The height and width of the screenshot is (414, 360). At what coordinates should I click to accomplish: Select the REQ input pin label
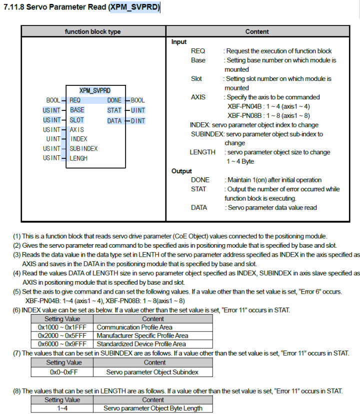75,100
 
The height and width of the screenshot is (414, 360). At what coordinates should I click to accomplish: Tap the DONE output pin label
114,100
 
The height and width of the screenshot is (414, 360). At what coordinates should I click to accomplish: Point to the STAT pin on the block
114,110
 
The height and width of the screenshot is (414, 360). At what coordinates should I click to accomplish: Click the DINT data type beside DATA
138,120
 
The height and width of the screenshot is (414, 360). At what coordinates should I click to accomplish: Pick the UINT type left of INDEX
53,139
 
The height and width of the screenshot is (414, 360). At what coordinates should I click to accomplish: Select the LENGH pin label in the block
79,158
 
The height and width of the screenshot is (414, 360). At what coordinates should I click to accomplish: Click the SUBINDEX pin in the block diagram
84,148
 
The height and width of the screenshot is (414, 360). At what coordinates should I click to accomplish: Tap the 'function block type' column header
93,31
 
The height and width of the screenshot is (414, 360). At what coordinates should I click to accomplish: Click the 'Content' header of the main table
257,31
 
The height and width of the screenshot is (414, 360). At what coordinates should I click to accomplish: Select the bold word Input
179,42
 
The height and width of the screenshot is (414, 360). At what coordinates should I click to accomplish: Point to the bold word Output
181,171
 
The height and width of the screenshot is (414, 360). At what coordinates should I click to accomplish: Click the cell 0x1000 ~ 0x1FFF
62,327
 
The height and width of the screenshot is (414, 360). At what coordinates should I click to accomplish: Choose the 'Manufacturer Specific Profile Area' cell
142,336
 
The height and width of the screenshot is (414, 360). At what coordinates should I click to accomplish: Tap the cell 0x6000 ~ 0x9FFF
62,344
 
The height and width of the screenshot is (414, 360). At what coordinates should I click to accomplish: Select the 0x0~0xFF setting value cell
63,372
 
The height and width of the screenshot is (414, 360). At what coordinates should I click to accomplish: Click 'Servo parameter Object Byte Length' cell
153,408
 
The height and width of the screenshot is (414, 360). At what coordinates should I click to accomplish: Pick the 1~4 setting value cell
62,408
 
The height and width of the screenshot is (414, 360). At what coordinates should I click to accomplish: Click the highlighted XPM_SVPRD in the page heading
134,7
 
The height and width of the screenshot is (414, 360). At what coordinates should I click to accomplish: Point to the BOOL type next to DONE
138,100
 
